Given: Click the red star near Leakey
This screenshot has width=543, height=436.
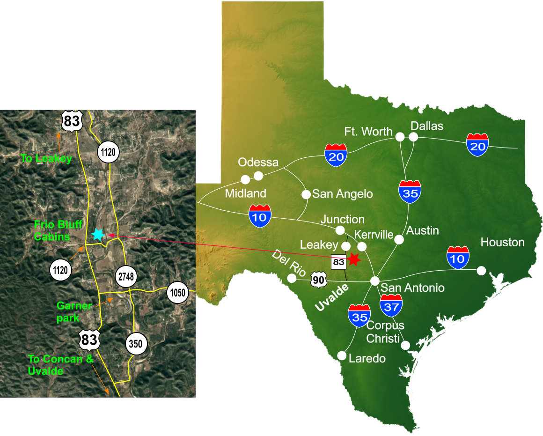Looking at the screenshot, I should pos(353,259).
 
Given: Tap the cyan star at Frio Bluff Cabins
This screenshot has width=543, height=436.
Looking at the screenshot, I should pos(98,234).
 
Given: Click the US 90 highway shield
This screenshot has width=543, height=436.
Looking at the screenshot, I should pos(317,281).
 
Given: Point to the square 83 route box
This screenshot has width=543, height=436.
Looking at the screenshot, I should pos(338,262).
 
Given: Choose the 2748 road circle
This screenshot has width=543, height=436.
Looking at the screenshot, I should pos(126,277).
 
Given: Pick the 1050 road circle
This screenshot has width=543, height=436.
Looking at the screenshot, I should pos(178,294).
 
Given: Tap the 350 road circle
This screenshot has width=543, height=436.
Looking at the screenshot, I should pos(136,344).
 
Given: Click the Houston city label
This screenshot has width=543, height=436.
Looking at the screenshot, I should pos(503,242).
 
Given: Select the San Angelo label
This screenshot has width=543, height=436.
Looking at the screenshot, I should pos(342,193).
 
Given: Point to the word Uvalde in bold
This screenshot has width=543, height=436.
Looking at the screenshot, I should pos(332,298).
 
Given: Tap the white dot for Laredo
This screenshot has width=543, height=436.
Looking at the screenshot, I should pos(342,356).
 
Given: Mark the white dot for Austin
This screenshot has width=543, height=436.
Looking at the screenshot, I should pos(399,239).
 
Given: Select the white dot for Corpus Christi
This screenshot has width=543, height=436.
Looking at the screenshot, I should pos(405,345).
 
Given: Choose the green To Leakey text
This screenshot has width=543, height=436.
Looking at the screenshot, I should pos(46,159).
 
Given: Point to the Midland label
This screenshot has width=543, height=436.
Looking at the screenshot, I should pos(245,193).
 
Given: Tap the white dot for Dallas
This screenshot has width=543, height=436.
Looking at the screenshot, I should pos(413,137).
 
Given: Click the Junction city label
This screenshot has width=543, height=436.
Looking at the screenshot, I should pos(343,219).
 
